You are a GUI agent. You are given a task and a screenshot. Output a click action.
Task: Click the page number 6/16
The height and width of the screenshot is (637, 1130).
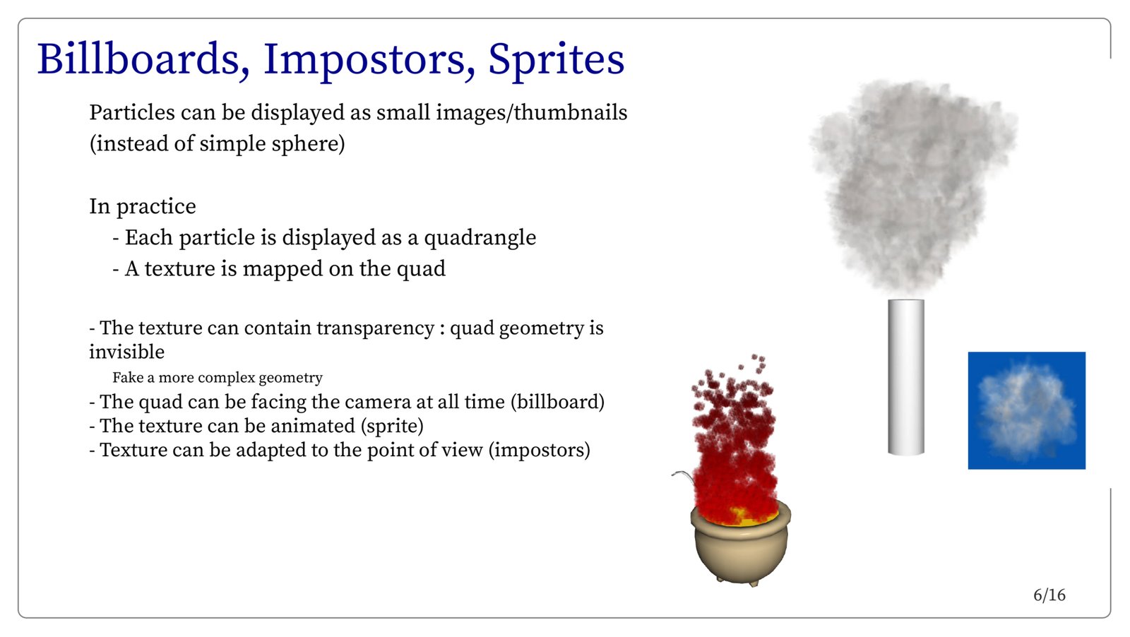(x=1049, y=595)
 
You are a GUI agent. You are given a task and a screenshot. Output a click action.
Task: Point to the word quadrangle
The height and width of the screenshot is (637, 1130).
(x=480, y=238)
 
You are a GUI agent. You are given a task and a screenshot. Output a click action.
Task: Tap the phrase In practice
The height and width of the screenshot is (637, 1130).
(x=143, y=207)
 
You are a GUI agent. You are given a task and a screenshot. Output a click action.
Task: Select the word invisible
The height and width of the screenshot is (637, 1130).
(x=126, y=352)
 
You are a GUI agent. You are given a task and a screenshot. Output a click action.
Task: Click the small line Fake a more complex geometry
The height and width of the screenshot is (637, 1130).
(x=218, y=378)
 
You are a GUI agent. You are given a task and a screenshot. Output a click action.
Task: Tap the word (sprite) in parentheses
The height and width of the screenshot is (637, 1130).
(x=392, y=426)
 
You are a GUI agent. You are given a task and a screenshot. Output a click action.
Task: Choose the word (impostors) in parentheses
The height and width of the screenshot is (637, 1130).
(x=540, y=450)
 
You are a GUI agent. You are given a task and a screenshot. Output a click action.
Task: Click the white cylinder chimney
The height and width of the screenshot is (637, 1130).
(x=906, y=377)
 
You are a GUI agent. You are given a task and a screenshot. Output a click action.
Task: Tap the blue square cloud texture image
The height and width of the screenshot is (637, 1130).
(x=1027, y=410)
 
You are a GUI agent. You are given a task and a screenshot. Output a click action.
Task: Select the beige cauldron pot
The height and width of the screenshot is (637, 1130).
(x=741, y=547)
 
